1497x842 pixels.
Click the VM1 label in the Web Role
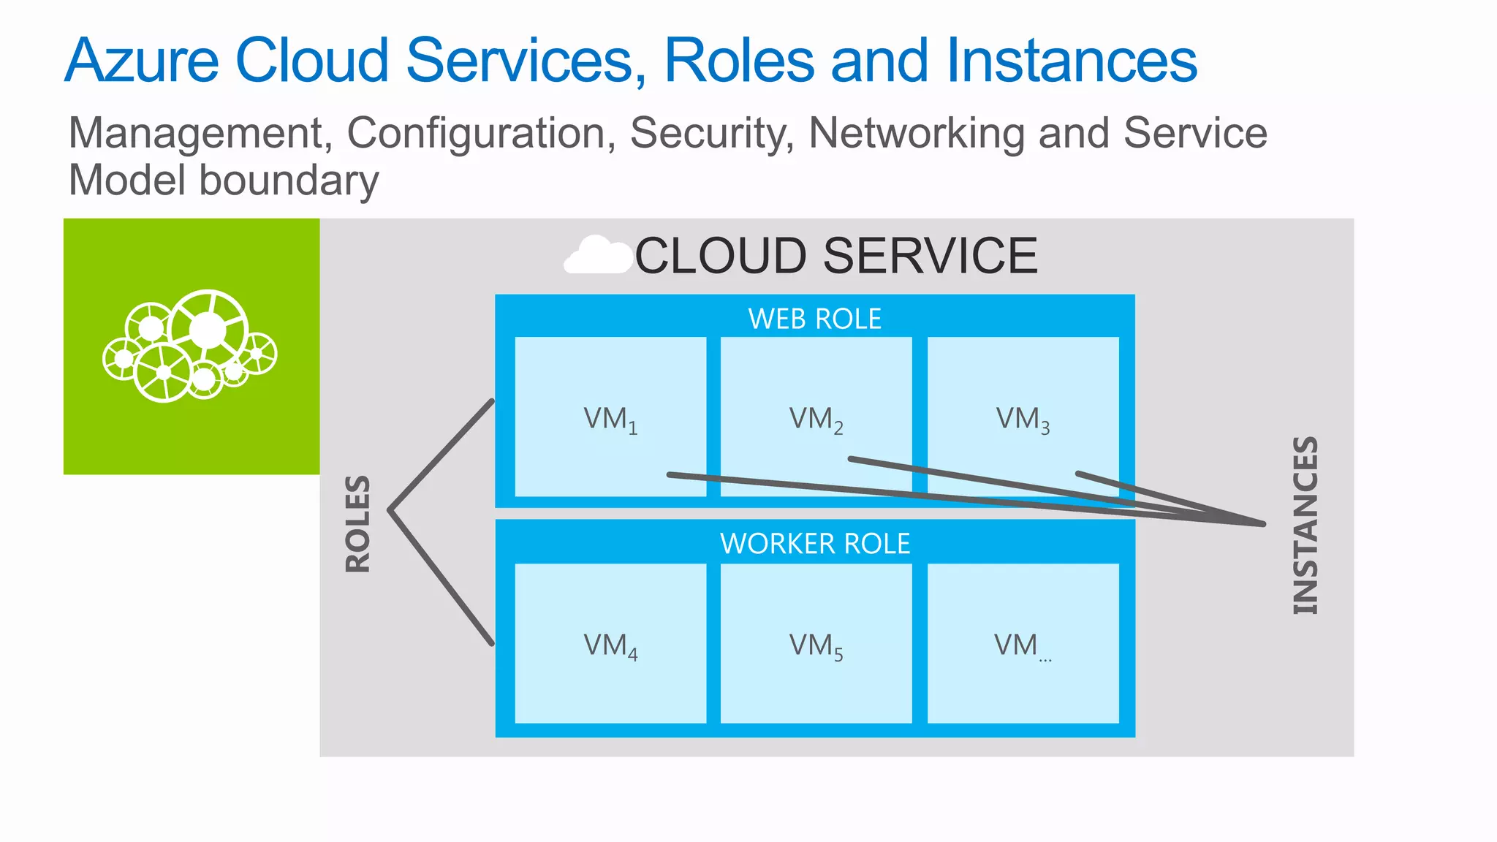610,420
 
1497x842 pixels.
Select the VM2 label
816,420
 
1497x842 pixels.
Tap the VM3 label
1023,420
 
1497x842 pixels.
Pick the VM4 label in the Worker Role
610,646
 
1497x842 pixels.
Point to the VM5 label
816,646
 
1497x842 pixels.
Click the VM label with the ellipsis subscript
1022,646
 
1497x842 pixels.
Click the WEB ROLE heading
814,319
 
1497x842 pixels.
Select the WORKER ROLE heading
814,544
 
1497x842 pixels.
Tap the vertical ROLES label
358,523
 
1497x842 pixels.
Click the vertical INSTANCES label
1305,525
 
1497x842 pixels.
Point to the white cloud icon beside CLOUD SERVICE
597,256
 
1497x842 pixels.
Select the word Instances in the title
1072,61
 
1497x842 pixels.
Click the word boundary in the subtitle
289,181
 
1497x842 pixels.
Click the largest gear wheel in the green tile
209,330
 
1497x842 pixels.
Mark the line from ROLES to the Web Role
441,455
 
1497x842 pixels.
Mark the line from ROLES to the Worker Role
441,577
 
